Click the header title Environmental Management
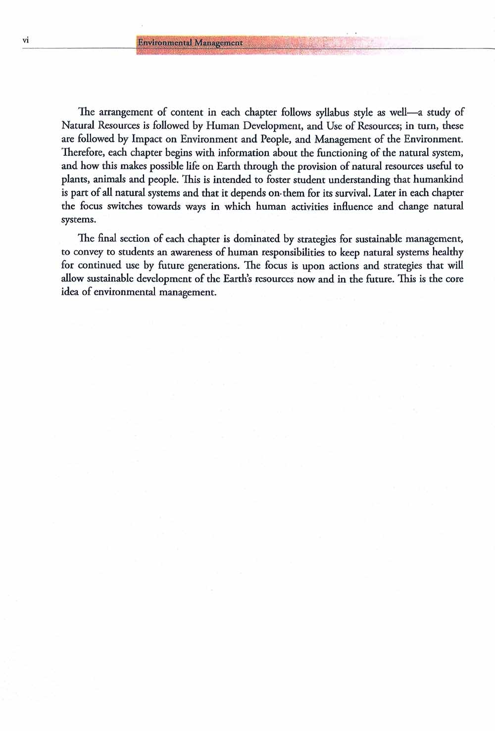pyautogui.click(x=190, y=43)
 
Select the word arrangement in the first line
pyautogui.click(x=122, y=112)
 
